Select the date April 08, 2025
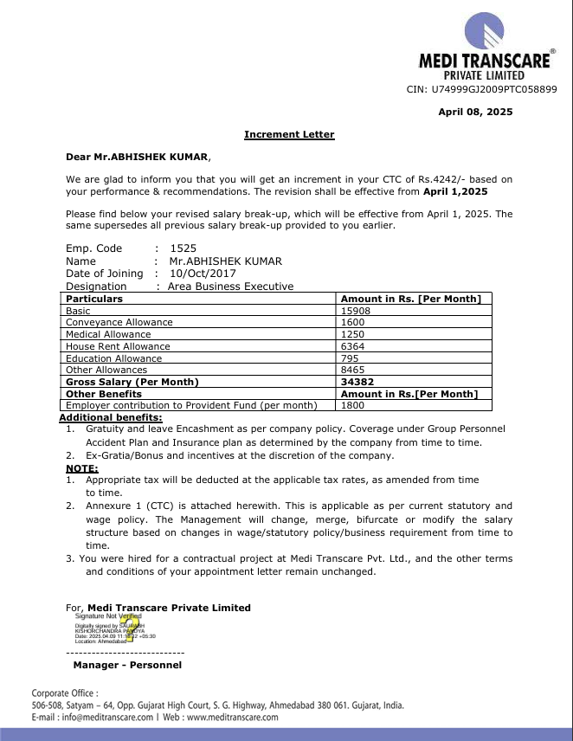(x=475, y=112)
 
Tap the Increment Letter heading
(x=289, y=134)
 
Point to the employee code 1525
(x=183, y=248)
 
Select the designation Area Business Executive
(x=230, y=287)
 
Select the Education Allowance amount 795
(x=350, y=358)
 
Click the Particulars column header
(x=94, y=299)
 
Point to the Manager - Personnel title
(x=127, y=665)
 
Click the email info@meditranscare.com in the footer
(x=106, y=717)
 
